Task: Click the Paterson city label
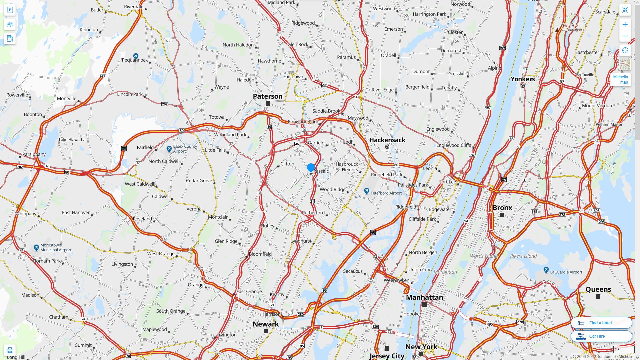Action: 267,96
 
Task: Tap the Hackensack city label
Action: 387,140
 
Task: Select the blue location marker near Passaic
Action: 311,167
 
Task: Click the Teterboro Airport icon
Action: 367,191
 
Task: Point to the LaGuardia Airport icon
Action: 546,270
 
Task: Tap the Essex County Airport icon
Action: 169,149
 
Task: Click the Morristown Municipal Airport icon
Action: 36,247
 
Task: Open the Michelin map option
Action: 620,79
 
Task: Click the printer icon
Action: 10,350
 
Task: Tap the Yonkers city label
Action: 523,79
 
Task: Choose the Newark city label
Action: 266,324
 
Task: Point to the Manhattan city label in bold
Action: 424,297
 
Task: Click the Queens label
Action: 598,289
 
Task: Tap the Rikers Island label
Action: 523,256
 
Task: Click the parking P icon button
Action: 10,10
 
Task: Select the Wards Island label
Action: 483,256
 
